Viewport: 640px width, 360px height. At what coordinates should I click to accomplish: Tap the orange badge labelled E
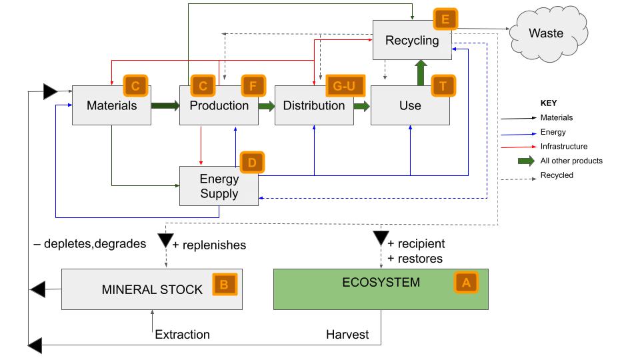[443, 18]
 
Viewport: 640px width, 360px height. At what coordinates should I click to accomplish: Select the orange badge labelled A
[466, 283]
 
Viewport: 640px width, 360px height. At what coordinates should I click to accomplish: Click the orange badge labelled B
[224, 285]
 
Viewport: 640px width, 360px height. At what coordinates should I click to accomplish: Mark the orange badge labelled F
[253, 86]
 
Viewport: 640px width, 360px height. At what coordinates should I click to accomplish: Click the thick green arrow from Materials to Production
[165, 105]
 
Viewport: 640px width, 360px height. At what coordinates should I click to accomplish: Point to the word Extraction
[182, 335]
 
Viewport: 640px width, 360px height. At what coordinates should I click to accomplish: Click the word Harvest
[347, 335]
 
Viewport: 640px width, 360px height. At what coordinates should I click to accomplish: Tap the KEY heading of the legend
[548, 103]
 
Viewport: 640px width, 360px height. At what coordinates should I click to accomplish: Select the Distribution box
[314, 105]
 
